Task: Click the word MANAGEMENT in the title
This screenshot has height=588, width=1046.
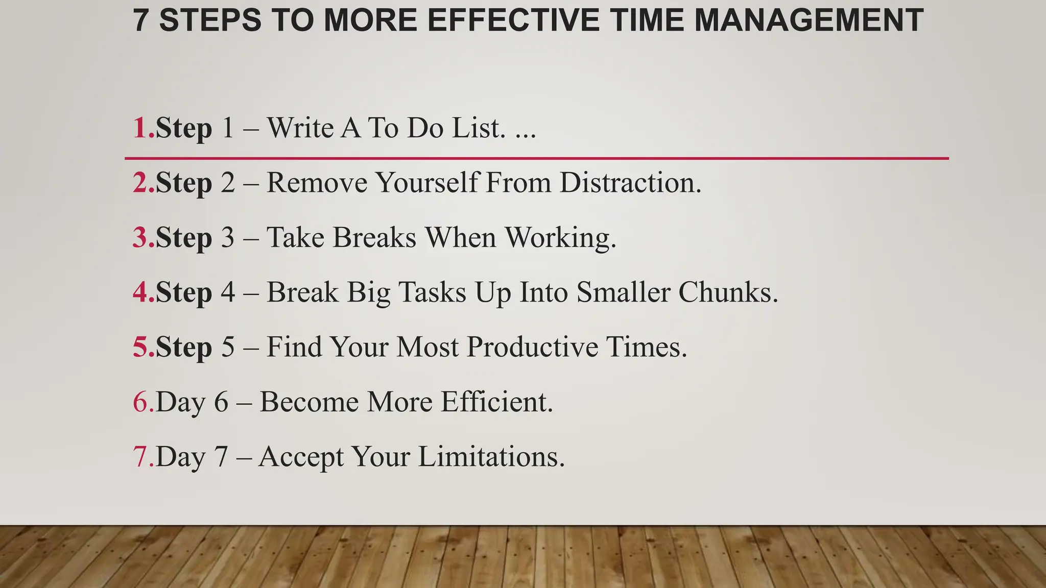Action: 809,20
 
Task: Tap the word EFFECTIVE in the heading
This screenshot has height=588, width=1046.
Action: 513,20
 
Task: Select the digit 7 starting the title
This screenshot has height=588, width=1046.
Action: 141,20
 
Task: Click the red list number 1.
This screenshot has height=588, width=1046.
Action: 140,128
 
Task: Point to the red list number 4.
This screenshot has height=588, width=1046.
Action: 140,292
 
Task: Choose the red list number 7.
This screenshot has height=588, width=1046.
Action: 140,456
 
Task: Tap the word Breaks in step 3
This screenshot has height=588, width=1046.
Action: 374,237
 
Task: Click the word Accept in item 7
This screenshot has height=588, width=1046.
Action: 301,457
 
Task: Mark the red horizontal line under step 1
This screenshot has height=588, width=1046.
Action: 536,159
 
